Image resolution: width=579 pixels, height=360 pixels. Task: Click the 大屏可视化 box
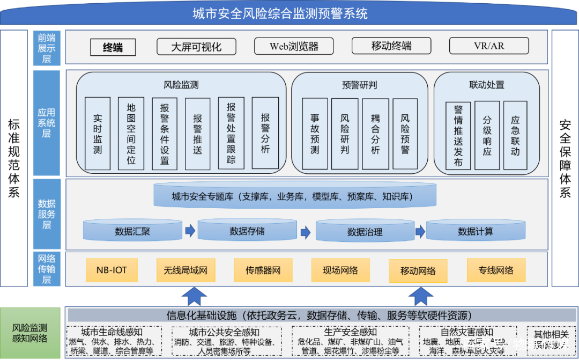point(196,46)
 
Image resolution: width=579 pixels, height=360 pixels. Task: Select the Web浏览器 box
point(294,46)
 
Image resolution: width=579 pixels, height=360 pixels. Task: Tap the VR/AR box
point(488,46)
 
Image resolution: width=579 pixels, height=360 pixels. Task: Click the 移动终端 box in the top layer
point(391,46)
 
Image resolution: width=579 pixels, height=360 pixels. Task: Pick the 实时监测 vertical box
point(98,134)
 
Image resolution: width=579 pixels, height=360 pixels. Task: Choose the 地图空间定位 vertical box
point(131,134)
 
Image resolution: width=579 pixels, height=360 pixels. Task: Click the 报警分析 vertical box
point(265,134)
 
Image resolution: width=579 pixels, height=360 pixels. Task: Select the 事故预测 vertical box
point(315,134)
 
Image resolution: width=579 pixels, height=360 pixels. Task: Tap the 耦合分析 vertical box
point(375,134)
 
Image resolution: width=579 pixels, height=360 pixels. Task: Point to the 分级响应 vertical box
point(487,135)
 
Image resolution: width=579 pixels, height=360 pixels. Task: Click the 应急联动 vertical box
point(515,135)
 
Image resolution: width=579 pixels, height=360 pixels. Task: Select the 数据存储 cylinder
point(247,231)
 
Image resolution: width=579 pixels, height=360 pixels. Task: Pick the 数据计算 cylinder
point(476,231)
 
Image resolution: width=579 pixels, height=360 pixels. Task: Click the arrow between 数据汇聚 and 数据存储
point(190,231)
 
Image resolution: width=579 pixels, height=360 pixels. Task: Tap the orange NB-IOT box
point(112,270)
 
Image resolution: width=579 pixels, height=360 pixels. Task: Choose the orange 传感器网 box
point(263,270)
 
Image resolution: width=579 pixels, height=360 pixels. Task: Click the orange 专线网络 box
point(496,270)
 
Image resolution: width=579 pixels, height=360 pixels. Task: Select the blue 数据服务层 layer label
point(47,214)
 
